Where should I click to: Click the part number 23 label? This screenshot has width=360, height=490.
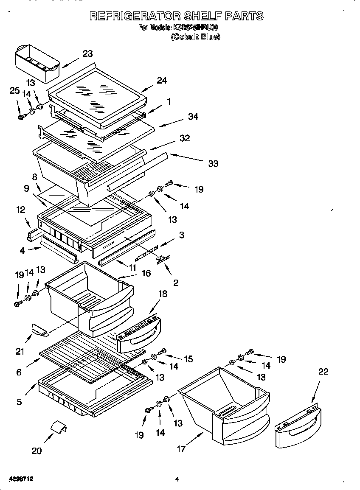pos(87,53)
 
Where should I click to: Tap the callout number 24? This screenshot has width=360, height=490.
pos(162,80)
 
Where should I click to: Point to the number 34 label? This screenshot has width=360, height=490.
pos(193,117)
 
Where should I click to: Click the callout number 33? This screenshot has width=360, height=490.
pos(213,163)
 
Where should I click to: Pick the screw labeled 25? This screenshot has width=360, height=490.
pos(21,117)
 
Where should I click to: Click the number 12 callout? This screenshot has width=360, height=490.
pos(20,210)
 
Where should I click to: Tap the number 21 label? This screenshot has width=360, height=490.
pos(20,351)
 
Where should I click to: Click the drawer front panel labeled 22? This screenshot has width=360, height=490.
pos(297,428)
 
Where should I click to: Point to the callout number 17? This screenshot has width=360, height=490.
pos(181,449)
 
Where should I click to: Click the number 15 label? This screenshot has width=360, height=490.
pos(188,359)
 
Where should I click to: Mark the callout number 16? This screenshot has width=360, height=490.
pos(146,273)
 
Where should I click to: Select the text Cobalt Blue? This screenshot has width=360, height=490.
pos(195,37)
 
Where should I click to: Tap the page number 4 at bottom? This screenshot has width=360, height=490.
pos(177,479)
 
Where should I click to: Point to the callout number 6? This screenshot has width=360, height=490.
pos(19,372)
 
